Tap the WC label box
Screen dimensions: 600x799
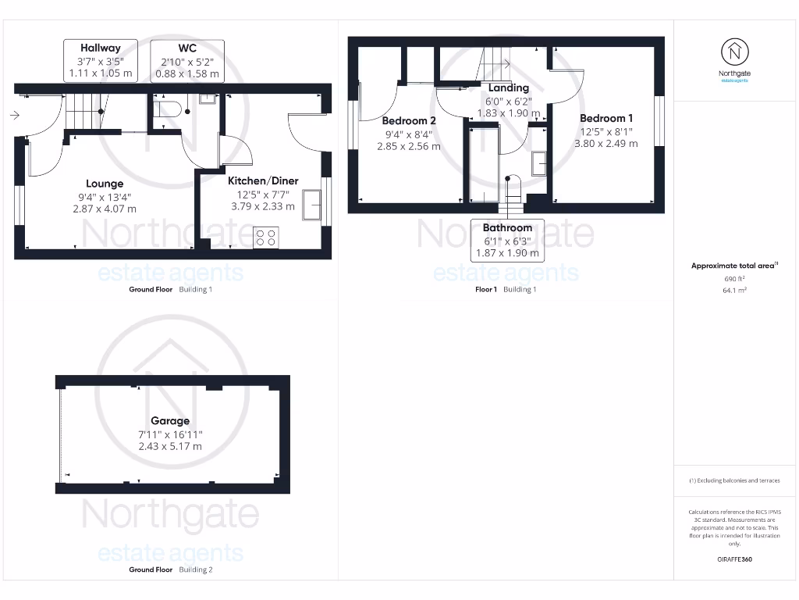tap(186, 48)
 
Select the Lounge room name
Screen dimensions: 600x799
tap(105, 184)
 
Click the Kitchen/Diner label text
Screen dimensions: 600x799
tap(263, 180)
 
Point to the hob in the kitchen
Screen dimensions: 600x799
tap(265, 237)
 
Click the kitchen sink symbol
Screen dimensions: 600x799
tap(313, 205)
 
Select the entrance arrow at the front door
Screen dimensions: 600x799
tap(15, 116)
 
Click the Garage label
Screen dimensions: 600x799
tap(170, 421)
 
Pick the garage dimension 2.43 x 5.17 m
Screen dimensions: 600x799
tap(170, 446)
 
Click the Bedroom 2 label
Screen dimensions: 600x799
tap(409, 120)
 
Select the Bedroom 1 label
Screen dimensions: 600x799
tap(606, 118)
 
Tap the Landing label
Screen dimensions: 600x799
tap(509, 87)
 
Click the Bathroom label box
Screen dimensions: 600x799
tap(507, 228)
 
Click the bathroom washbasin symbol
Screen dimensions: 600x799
tap(539, 163)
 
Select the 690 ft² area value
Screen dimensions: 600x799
tap(734, 278)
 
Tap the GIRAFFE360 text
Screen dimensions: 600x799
tap(734, 559)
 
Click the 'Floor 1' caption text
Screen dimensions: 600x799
tap(486, 289)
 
